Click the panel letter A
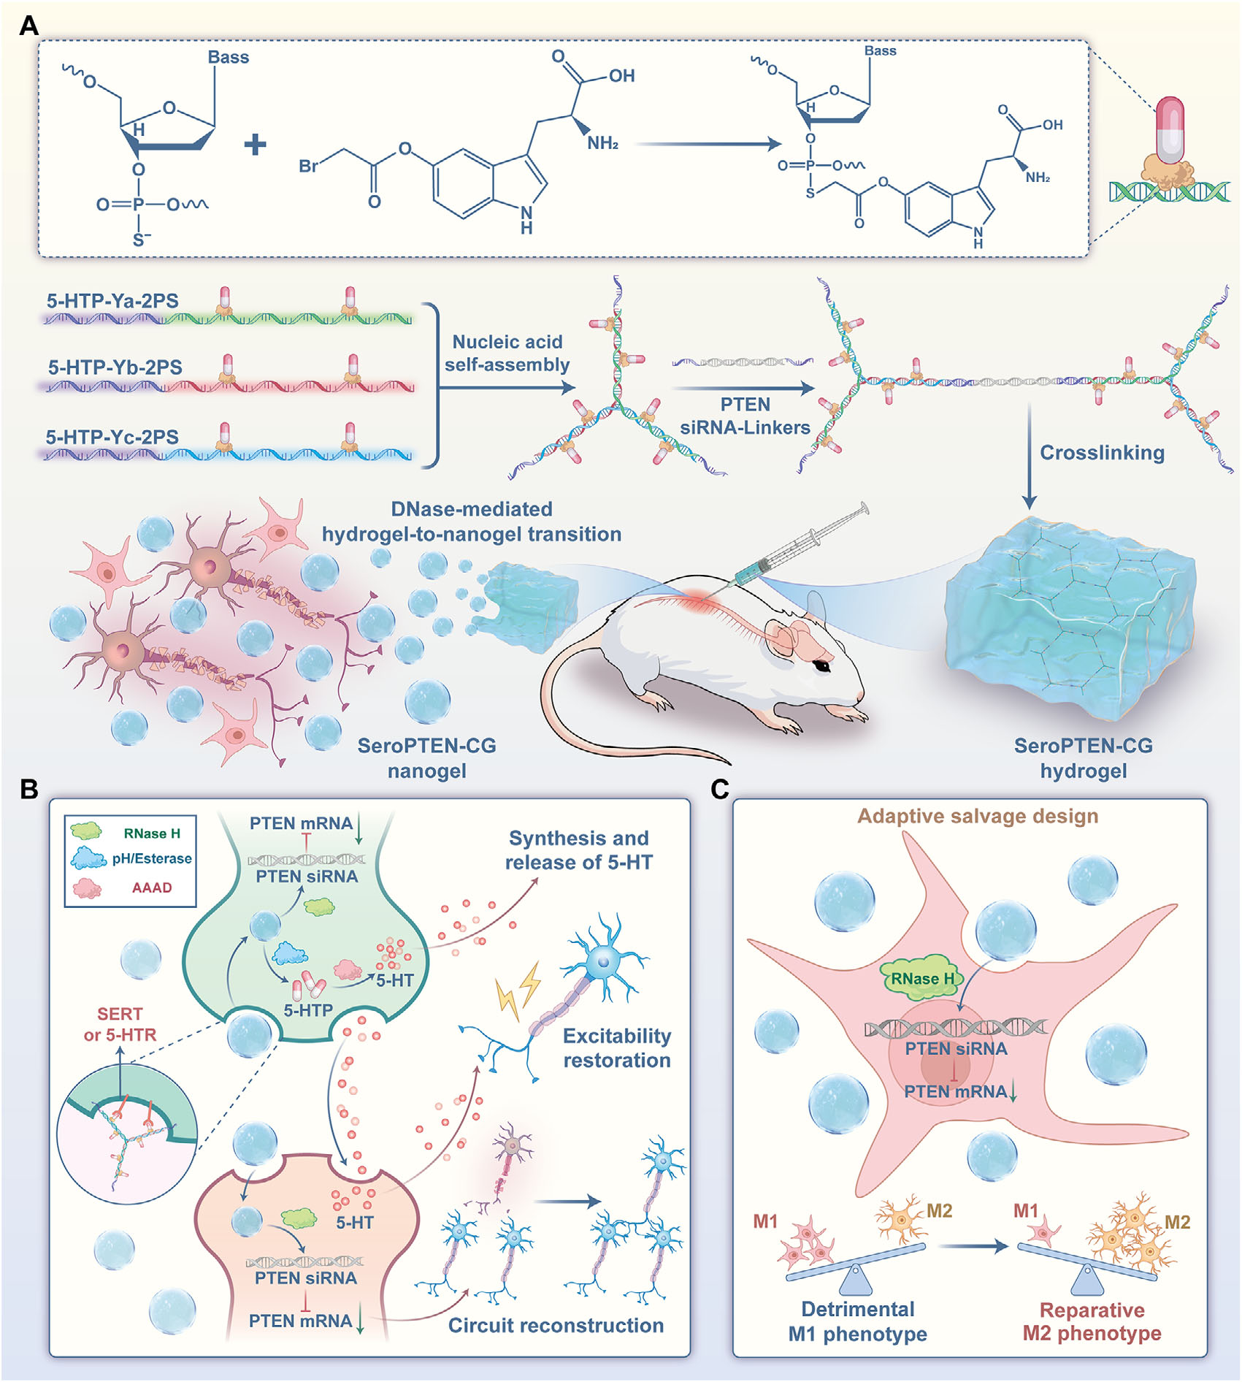(x=28, y=26)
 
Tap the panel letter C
(x=719, y=790)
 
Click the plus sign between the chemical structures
(x=255, y=144)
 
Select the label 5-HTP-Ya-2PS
(x=112, y=301)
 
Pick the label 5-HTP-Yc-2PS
(x=112, y=437)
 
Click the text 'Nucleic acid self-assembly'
(x=507, y=353)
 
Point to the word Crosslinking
(x=1102, y=453)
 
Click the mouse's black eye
(x=823, y=665)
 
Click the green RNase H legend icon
(x=86, y=831)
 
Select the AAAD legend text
(x=152, y=887)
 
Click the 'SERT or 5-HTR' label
(x=120, y=1024)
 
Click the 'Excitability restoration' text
(x=617, y=1047)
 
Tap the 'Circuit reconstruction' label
(x=556, y=1326)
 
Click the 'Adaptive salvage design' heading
(x=978, y=816)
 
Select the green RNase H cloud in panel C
(x=922, y=978)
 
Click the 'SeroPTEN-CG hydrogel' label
(x=1084, y=758)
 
